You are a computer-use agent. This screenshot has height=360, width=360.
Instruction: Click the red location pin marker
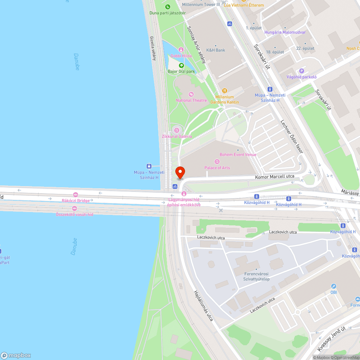pos(180,172)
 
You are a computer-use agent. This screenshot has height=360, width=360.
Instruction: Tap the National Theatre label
pos(191,100)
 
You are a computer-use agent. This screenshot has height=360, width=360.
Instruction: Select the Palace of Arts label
pos(217,168)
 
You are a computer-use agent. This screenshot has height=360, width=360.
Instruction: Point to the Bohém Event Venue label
pos(238,155)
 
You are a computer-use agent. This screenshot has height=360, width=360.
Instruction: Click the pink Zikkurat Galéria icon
pos(176,130)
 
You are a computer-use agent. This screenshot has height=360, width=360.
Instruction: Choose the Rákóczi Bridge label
pos(76,201)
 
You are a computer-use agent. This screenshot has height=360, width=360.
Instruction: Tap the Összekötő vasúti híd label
pos(75,214)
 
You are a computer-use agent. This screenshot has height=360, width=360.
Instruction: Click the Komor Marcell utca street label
pos(274,176)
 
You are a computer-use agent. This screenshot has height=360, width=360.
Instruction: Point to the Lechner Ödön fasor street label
pos(292,136)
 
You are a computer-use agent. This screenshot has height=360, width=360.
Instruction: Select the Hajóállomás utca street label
pos(203,306)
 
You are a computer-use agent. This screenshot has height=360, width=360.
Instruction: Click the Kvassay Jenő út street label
pos(332,339)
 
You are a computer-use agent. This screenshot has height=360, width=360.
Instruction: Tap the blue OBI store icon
pos(334,286)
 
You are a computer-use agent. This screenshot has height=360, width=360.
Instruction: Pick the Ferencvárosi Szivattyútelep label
pos(256,276)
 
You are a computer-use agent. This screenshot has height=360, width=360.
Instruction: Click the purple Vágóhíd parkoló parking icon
pos(302,71)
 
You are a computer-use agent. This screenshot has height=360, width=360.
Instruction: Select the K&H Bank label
pos(216,50)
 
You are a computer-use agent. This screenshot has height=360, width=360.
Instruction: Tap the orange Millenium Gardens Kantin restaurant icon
pos(225,91)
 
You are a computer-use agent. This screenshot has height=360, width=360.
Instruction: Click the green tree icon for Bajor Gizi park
pos(181,66)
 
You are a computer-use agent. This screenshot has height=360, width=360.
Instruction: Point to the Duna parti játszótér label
pos(167,13)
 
